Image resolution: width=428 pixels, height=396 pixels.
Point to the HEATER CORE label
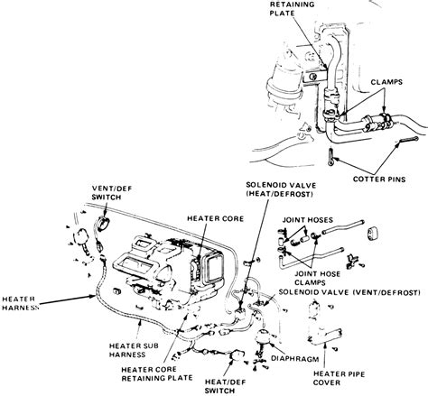point(211,217)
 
